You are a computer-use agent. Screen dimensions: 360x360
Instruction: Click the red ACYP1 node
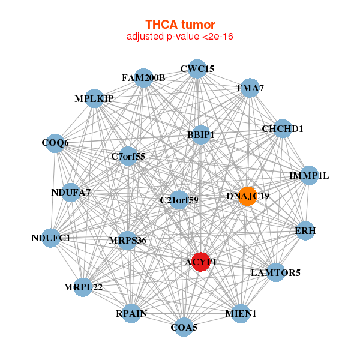(200, 262)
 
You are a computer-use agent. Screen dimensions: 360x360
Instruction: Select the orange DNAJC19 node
(248, 196)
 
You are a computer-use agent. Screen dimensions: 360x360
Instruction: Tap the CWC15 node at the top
(197, 69)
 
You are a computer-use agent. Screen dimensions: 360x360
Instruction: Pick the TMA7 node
(250, 88)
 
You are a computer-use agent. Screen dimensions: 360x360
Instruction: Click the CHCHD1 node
(283, 129)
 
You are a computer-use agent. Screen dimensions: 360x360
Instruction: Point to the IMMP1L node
(309, 176)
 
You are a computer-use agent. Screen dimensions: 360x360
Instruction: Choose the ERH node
(305, 230)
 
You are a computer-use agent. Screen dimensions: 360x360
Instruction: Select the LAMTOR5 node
(275, 272)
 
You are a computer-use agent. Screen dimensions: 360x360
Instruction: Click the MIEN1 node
(241, 313)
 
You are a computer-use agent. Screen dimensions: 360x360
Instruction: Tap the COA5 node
(184, 327)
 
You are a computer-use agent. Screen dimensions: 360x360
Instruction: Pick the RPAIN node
(131, 313)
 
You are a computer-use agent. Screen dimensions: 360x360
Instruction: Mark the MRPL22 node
(83, 287)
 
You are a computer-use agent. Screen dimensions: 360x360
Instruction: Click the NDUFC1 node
(51, 238)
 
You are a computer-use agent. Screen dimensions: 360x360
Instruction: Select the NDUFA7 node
(71, 193)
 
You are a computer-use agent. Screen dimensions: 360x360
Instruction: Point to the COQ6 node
(55, 143)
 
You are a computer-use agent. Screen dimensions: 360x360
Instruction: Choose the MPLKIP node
(94, 98)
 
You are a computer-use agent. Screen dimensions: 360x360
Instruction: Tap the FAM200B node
(143, 78)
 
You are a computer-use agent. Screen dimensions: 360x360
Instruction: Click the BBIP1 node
(200, 135)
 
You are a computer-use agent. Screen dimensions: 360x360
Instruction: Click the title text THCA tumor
(179, 25)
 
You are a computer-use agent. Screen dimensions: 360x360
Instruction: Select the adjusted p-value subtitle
(179, 37)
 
